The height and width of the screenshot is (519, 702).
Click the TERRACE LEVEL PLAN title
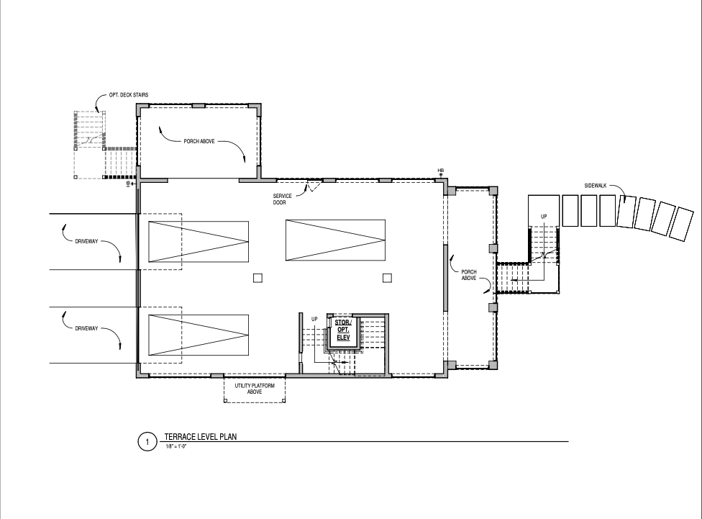[201, 436]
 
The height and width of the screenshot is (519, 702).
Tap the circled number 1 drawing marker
[147, 442]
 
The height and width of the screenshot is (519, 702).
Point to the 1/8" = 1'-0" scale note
[176, 446]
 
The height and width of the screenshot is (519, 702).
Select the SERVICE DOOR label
[282, 199]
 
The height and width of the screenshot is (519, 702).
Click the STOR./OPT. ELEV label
[343, 330]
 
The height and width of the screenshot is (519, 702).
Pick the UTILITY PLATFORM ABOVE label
[255, 389]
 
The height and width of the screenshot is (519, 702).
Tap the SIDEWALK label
[596, 186]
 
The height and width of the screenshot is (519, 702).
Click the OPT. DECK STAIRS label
[129, 95]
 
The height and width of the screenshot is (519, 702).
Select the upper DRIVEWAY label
[86, 241]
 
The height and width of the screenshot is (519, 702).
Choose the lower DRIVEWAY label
[86, 328]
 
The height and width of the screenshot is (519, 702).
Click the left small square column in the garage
[257, 279]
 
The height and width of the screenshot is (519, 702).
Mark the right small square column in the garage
[387, 279]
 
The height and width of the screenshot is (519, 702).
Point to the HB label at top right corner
[440, 171]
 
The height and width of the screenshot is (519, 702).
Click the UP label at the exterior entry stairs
[544, 217]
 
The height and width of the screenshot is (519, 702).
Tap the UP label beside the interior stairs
[314, 319]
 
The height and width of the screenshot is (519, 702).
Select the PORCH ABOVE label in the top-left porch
[199, 141]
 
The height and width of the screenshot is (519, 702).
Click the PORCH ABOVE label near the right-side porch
[469, 275]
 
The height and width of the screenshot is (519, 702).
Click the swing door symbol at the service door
[314, 186]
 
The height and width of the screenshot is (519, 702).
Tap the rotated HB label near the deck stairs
[128, 184]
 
